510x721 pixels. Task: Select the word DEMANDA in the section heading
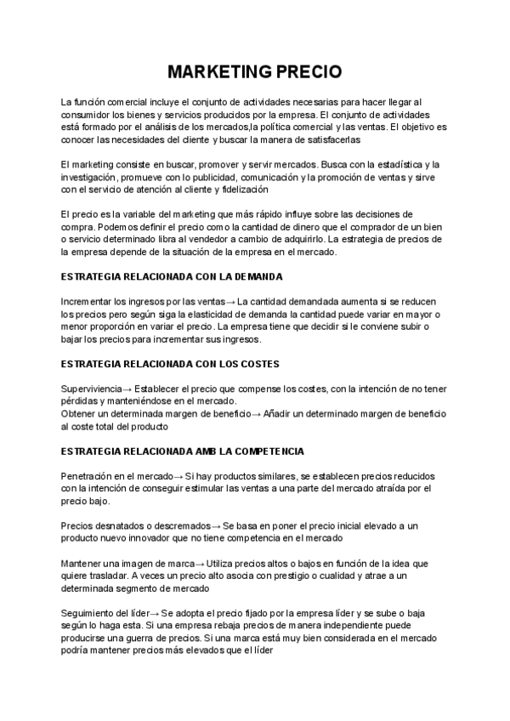[255, 277]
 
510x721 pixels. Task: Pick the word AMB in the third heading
[206, 450]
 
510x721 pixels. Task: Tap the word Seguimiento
[87, 612]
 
